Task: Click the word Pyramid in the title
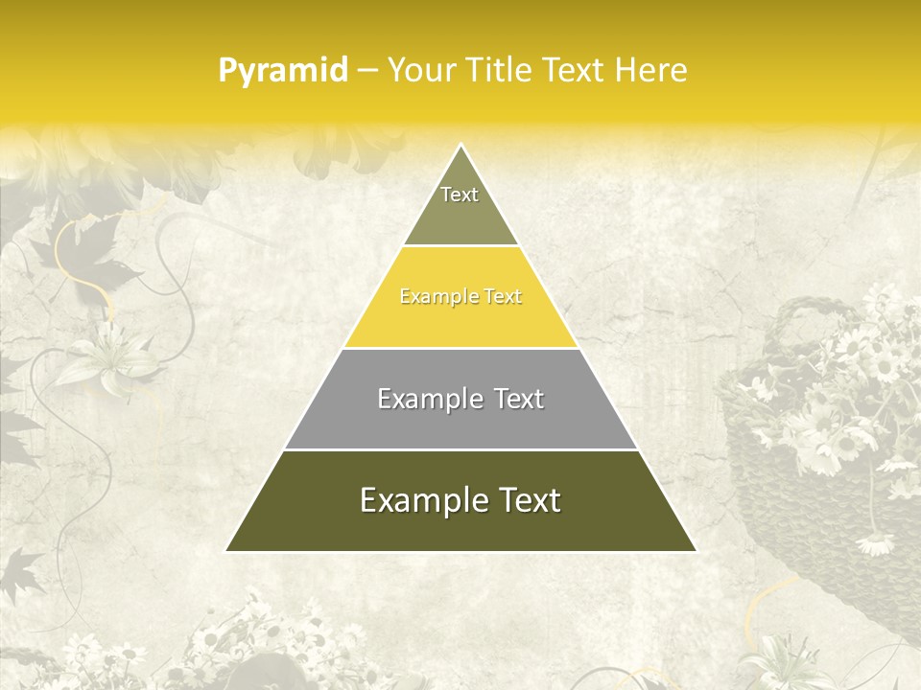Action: coord(283,71)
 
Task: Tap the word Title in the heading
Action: coord(502,71)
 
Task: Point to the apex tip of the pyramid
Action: coord(460,146)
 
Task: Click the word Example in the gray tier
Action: coord(428,399)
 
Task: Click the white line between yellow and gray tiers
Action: coord(460,348)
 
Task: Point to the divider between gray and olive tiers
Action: coord(460,449)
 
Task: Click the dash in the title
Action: coord(367,71)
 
